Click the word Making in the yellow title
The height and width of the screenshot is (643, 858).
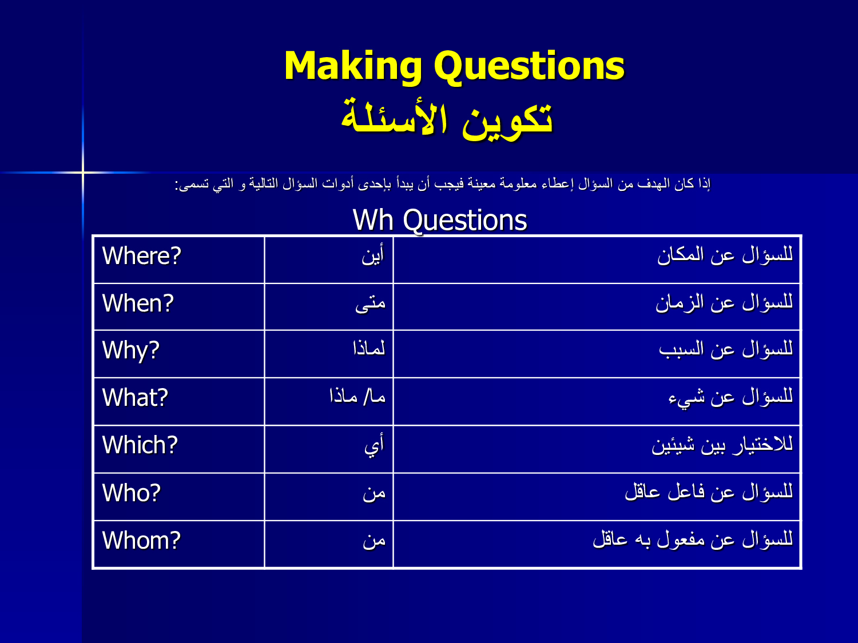pyautogui.click(x=353, y=67)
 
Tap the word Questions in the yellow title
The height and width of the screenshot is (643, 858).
pyautogui.click(x=529, y=67)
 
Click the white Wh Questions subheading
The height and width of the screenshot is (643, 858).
pyautogui.click(x=440, y=220)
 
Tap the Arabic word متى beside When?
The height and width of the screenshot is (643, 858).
pyautogui.click(x=370, y=303)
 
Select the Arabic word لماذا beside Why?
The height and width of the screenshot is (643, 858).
pyautogui.click(x=369, y=348)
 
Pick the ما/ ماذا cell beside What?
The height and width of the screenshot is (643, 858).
pyautogui.click(x=357, y=396)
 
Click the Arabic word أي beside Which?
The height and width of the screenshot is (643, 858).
pyautogui.click(x=375, y=445)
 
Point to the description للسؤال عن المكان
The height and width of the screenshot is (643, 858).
pyautogui.click(x=725, y=255)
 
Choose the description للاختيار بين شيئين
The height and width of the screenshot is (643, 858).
pyautogui.click(x=722, y=445)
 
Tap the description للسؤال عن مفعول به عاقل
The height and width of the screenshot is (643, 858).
pyautogui.click(x=693, y=540)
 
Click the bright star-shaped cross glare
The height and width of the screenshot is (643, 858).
pyautogui.click(x=83, y=172)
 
